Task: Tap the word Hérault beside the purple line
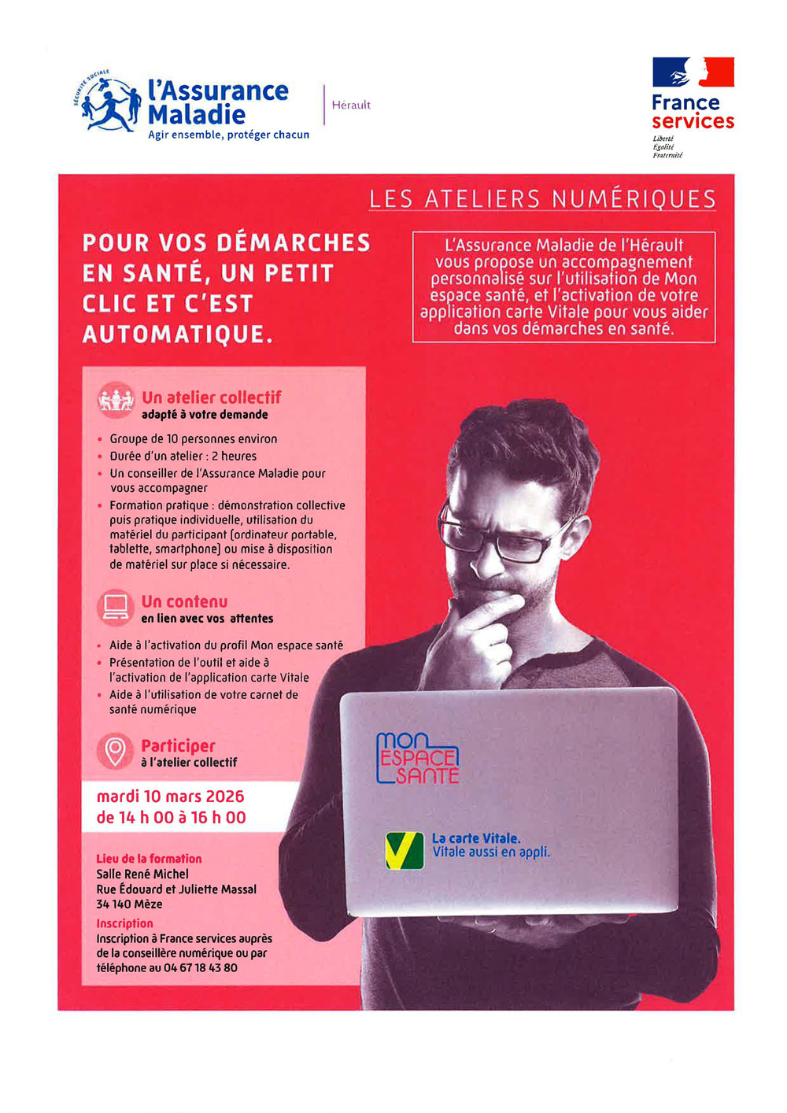point(351,105)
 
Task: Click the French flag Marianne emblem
point(693,72)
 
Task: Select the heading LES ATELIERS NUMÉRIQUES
point(542,199)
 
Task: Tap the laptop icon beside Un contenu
point(116,606)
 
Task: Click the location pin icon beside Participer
point(116,750)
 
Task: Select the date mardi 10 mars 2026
point(170,797)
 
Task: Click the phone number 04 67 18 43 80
point(201,968)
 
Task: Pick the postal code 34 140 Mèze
point(129,904)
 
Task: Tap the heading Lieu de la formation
point(149,859)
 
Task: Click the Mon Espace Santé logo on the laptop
point(418,758)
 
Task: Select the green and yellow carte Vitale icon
point(405,850)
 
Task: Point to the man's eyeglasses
point(504,534)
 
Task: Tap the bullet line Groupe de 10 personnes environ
point(193,439)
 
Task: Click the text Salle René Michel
point(142,874)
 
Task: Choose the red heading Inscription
point(124,923)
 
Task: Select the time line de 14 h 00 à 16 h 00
point(171,818)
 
